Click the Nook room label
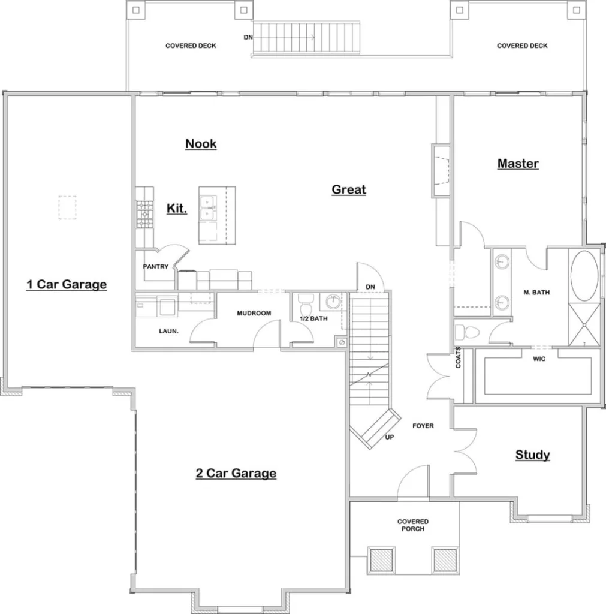tap(201, 144)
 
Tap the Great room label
tap(349, 189)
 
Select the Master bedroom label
tap(518, 164)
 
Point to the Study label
tap(532, 455)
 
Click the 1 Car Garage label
tap(67, 284)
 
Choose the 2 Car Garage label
tap(236, 473)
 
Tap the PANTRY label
tap(155, 267)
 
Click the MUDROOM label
tap(254, 313)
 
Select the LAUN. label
tap(168, 331)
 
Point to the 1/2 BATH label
tap(313, 319)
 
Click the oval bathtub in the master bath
tap(584, 276)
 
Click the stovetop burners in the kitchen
tap(144, 214)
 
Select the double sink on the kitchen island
tap(208, 208)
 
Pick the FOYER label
tap(423, 426)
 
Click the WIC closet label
tap(539, 359)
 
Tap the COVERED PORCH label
tap(413, 525)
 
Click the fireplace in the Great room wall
tap(441, 170)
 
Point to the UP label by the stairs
tap(389, 437)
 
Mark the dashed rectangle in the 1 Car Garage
tap(67, 207)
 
